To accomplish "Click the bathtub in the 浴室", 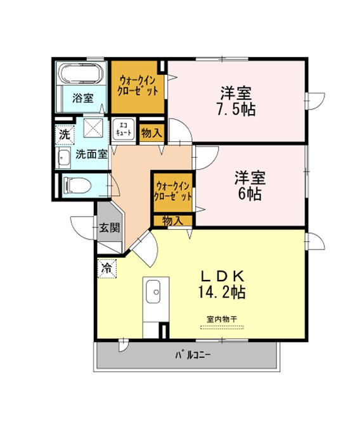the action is [82, 73].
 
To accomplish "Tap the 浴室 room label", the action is [83, 98].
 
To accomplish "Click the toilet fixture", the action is [77, 186].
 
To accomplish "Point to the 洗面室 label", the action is [92, 154].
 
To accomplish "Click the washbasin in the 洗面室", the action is [63, 158].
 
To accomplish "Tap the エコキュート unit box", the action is [124, 129].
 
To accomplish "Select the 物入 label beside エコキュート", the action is [152, 133].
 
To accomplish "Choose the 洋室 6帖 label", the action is [250, 186].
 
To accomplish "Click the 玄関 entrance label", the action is [109, 227].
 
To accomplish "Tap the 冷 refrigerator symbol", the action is [107, 269].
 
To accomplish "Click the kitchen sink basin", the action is [153, 291].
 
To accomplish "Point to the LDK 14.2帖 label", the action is [222, 284].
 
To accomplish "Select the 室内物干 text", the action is [222, 319].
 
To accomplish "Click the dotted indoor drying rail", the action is [222, 327].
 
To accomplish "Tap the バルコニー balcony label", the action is [192, 355].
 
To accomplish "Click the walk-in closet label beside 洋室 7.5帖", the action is [138, 86].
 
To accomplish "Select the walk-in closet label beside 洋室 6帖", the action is [173, 192].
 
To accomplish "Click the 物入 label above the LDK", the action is [173, 221].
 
